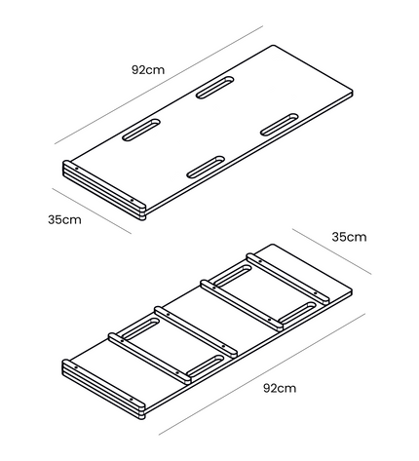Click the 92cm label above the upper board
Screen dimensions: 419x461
coord(148,70)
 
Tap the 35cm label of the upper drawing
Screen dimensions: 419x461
coord(64,220)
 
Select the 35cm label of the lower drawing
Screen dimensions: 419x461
coord(349,237)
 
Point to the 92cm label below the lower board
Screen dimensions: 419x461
coord(280,388)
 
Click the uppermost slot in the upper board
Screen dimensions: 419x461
coord(215,88)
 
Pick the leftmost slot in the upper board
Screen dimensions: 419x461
coord(141,130)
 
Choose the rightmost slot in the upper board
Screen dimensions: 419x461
coord(280,125)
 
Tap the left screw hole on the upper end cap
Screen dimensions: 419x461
coord(76,169)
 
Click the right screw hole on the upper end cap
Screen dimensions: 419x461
coord(132,200)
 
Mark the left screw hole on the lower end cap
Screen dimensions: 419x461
coord(76,367)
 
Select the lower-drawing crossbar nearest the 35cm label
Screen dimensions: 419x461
coord(287,279)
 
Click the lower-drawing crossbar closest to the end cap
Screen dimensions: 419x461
coord(150,359)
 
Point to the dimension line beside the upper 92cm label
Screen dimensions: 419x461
coord(159,85)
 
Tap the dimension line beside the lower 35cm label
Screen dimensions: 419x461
coord(331,251)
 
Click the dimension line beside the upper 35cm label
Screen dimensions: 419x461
coord(92,211)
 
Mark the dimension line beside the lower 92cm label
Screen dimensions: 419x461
coord(262,374)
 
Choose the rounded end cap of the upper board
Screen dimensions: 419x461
coord(104,190)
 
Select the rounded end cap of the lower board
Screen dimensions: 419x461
coord(103,389)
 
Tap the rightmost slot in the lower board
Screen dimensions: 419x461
coord(297,313)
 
